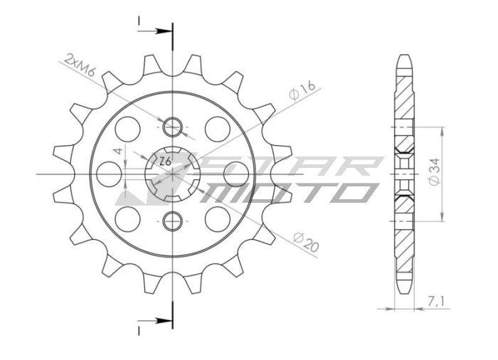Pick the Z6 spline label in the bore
pyautogui.click(x=164, y=161)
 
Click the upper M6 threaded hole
pyautogui.click(x=172, y=128)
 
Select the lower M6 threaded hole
pyautogui.click(x=172, y=221)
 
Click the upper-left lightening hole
pyautogui.click(x=129, y=129)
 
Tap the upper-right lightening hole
pyautogui.click(x=216, y=129)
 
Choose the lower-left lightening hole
pyautogui.click(x=129, y=218)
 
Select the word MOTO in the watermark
pyautogui.click(x=292, y=192)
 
